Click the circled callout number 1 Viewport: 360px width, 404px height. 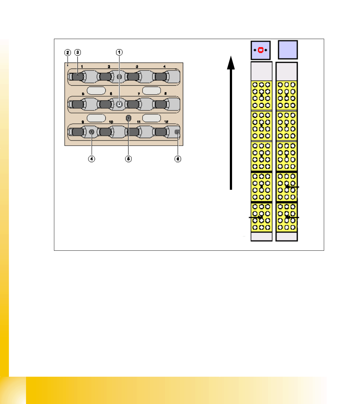tap(119, 52)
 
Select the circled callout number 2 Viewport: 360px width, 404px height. tap(67, 52)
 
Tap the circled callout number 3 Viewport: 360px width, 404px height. tap(77, 52)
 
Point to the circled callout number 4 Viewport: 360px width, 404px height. tap(91, 159)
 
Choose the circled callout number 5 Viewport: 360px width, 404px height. tap(128, 159)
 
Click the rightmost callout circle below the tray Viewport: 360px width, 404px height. tap(178, 159)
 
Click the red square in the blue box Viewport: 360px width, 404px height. tap(261, 50)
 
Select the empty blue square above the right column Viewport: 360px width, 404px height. tap(288, 50)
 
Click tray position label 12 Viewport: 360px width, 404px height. tap(166, 122)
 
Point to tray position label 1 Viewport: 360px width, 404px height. tap(82, 67)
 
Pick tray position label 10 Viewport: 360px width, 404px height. tap(111, 122)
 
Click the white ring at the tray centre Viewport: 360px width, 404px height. tap(119, 104)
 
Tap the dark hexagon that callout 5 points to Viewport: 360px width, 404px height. tap(128, 118)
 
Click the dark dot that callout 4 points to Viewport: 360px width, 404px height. tap(92, 132)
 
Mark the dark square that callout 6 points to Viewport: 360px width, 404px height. tap(177, 132)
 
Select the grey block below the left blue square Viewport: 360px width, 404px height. tap(262, 71)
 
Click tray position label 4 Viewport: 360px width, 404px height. tap(164, 67)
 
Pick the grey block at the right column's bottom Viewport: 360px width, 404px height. tap(287, 237)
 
